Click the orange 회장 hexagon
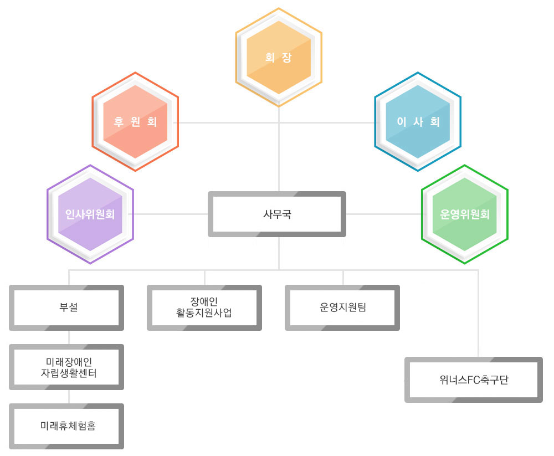click(279, 57)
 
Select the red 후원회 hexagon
click(135, 121)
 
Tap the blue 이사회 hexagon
click(418, 121)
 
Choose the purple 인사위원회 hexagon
click(90, 214)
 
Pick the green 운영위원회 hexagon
click(465, 214)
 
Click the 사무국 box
click(277, 214)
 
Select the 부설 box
click(66, 308)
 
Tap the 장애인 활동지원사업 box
click(204, 308)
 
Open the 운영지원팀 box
click(342, 308)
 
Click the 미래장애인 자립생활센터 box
click(66, 367)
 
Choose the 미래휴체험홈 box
click(66, 426)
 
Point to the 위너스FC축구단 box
click(474, 380)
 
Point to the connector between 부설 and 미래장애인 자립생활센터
click(69, 337)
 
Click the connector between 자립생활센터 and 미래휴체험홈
click(69, 397)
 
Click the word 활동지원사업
click(204, 313)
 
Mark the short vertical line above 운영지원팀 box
click(343, 278)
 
